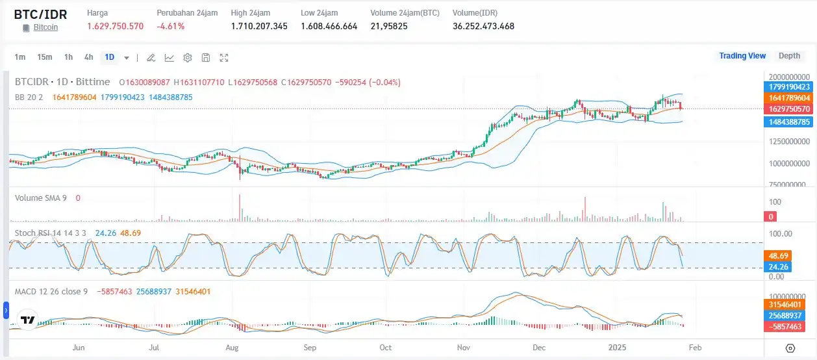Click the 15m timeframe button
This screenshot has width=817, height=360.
[x=44, y=57]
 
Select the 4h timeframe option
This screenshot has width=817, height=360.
[x=89, y=57]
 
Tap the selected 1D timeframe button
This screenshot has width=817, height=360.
[x=110, y=57]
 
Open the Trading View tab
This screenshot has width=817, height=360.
[x=742, y=56]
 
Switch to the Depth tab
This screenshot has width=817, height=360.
[x=789, y=56]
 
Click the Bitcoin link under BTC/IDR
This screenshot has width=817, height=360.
[x=45, y=27]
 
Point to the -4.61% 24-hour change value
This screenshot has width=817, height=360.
[x=171, y=26]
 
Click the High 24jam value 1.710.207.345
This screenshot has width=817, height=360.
[x=259, y=26]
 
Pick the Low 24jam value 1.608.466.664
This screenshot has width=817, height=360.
[x=329, y=26]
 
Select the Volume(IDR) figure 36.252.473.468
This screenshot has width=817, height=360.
[x=483, y=26]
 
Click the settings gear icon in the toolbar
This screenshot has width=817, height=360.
[x=188, y=58]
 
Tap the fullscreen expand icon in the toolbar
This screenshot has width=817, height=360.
[x=224, y=58]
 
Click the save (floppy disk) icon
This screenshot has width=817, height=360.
[x=206, y=58]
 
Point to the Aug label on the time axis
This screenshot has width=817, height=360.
[x=232, y=348]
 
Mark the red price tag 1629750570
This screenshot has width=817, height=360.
[x=788, y=109]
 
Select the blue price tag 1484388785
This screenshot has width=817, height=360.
[x=788, y=122]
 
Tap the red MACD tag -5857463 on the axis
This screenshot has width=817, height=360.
[x=788, y=326]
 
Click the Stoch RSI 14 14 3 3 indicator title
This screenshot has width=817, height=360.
[x=51, y=233]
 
